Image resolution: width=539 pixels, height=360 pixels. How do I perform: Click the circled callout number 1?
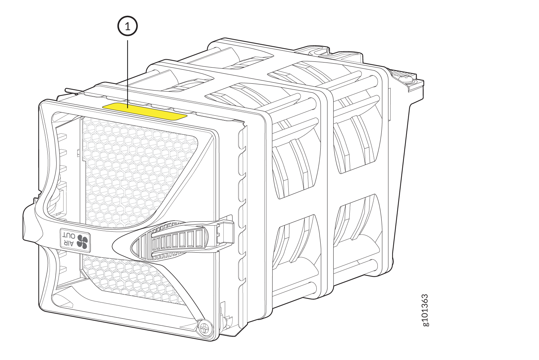[127, 27]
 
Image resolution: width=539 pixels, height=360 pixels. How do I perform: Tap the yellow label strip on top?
[145, 111]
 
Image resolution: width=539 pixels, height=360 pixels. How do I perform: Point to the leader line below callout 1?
[128, 72]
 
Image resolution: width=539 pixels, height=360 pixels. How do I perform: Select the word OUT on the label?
[69, 236]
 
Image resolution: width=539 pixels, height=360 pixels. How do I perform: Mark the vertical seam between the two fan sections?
[327, 180]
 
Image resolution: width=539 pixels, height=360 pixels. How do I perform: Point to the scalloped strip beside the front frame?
[243, 216]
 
